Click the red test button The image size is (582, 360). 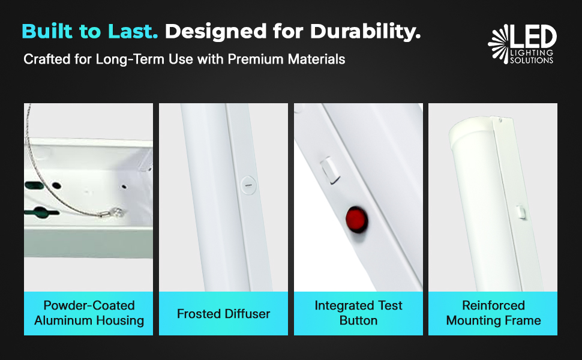coord(356,220)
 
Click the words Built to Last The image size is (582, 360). coord(90,31)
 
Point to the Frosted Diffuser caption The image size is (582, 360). coord(223,314)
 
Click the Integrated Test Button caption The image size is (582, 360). coord(359,313)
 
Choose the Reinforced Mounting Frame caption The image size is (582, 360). coord(493,313)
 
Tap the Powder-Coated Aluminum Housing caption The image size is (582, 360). coord(89,313)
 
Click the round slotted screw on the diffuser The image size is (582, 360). coord(248,185)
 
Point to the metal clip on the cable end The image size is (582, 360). coord(113,212)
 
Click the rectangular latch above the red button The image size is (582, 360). coord(329,170)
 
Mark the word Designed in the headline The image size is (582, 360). coord(216,32)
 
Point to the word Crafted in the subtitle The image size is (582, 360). coord(47,59)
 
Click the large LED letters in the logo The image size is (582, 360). coord(534,37)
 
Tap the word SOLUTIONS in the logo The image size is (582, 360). coord(532,61)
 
